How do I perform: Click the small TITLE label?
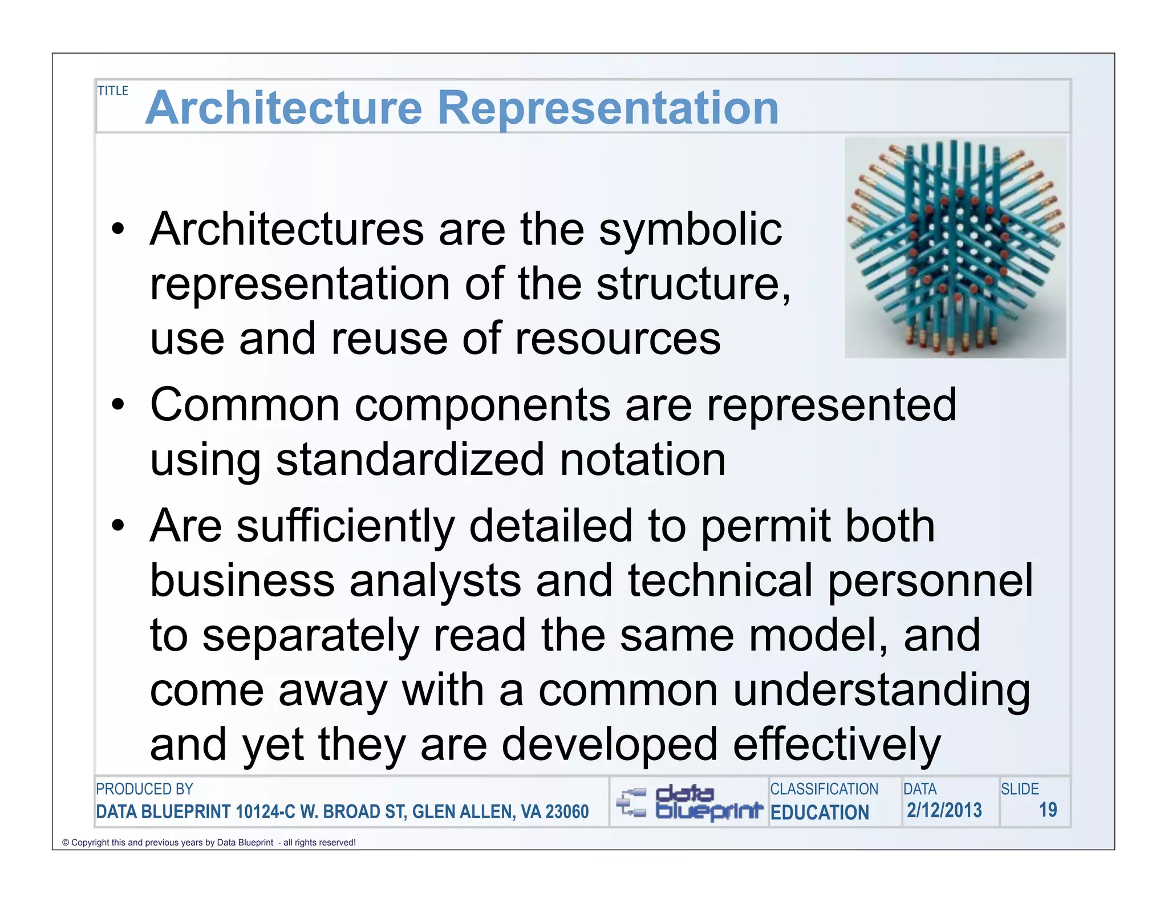pyautogui.click(x=113, y=91)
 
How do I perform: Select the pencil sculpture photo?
pyautogui.click(x=955, y=247)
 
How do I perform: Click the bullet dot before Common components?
pyautogui.click(x=118, y=405)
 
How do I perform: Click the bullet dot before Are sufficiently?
pyautogui.click(x=118, y=526)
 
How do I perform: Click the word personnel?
pyautogui.click(x=930, y=580)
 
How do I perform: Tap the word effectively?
pyautogui.click(x=836, y=745)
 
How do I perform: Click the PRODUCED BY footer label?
pyautogui.click(x=144, y=789)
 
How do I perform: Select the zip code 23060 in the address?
pyautogui.click(x=567, y=811)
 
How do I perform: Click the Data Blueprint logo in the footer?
pyautogui.click(x=689, y=802)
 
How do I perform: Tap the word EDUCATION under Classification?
pyautogui.click(x=820, y=812)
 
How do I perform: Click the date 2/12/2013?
pyautogui.click(x=944, y=810)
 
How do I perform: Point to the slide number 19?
pyautogui.click(x=1048, y=810)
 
